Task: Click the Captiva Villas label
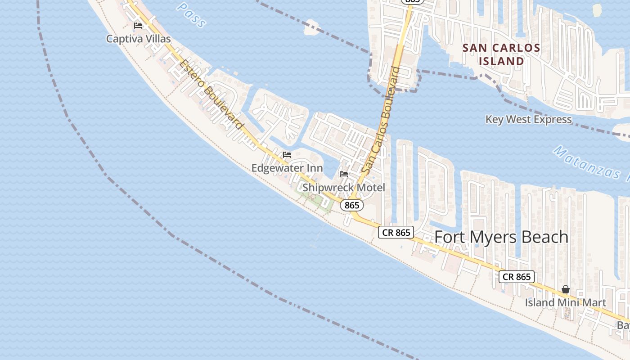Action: click(139, 39)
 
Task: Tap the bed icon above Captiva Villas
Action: click(138, 25)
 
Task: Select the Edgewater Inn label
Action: click(287, 168)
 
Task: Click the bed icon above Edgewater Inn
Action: click(287, 155)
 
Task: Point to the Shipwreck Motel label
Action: click(344, 187)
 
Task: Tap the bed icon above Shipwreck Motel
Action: click(344, 174)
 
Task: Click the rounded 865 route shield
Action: click(351, 205)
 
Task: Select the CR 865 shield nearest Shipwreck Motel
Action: click(396, 232)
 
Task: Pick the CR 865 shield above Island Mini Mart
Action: click(517, 277)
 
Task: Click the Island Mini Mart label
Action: click(566, 302)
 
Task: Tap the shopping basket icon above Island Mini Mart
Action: click(566, 289)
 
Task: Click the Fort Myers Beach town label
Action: click(501, 237)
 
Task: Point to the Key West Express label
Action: click(528, 120)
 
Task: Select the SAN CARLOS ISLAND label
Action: click(501, 54)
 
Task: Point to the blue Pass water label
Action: click(192, 13)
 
